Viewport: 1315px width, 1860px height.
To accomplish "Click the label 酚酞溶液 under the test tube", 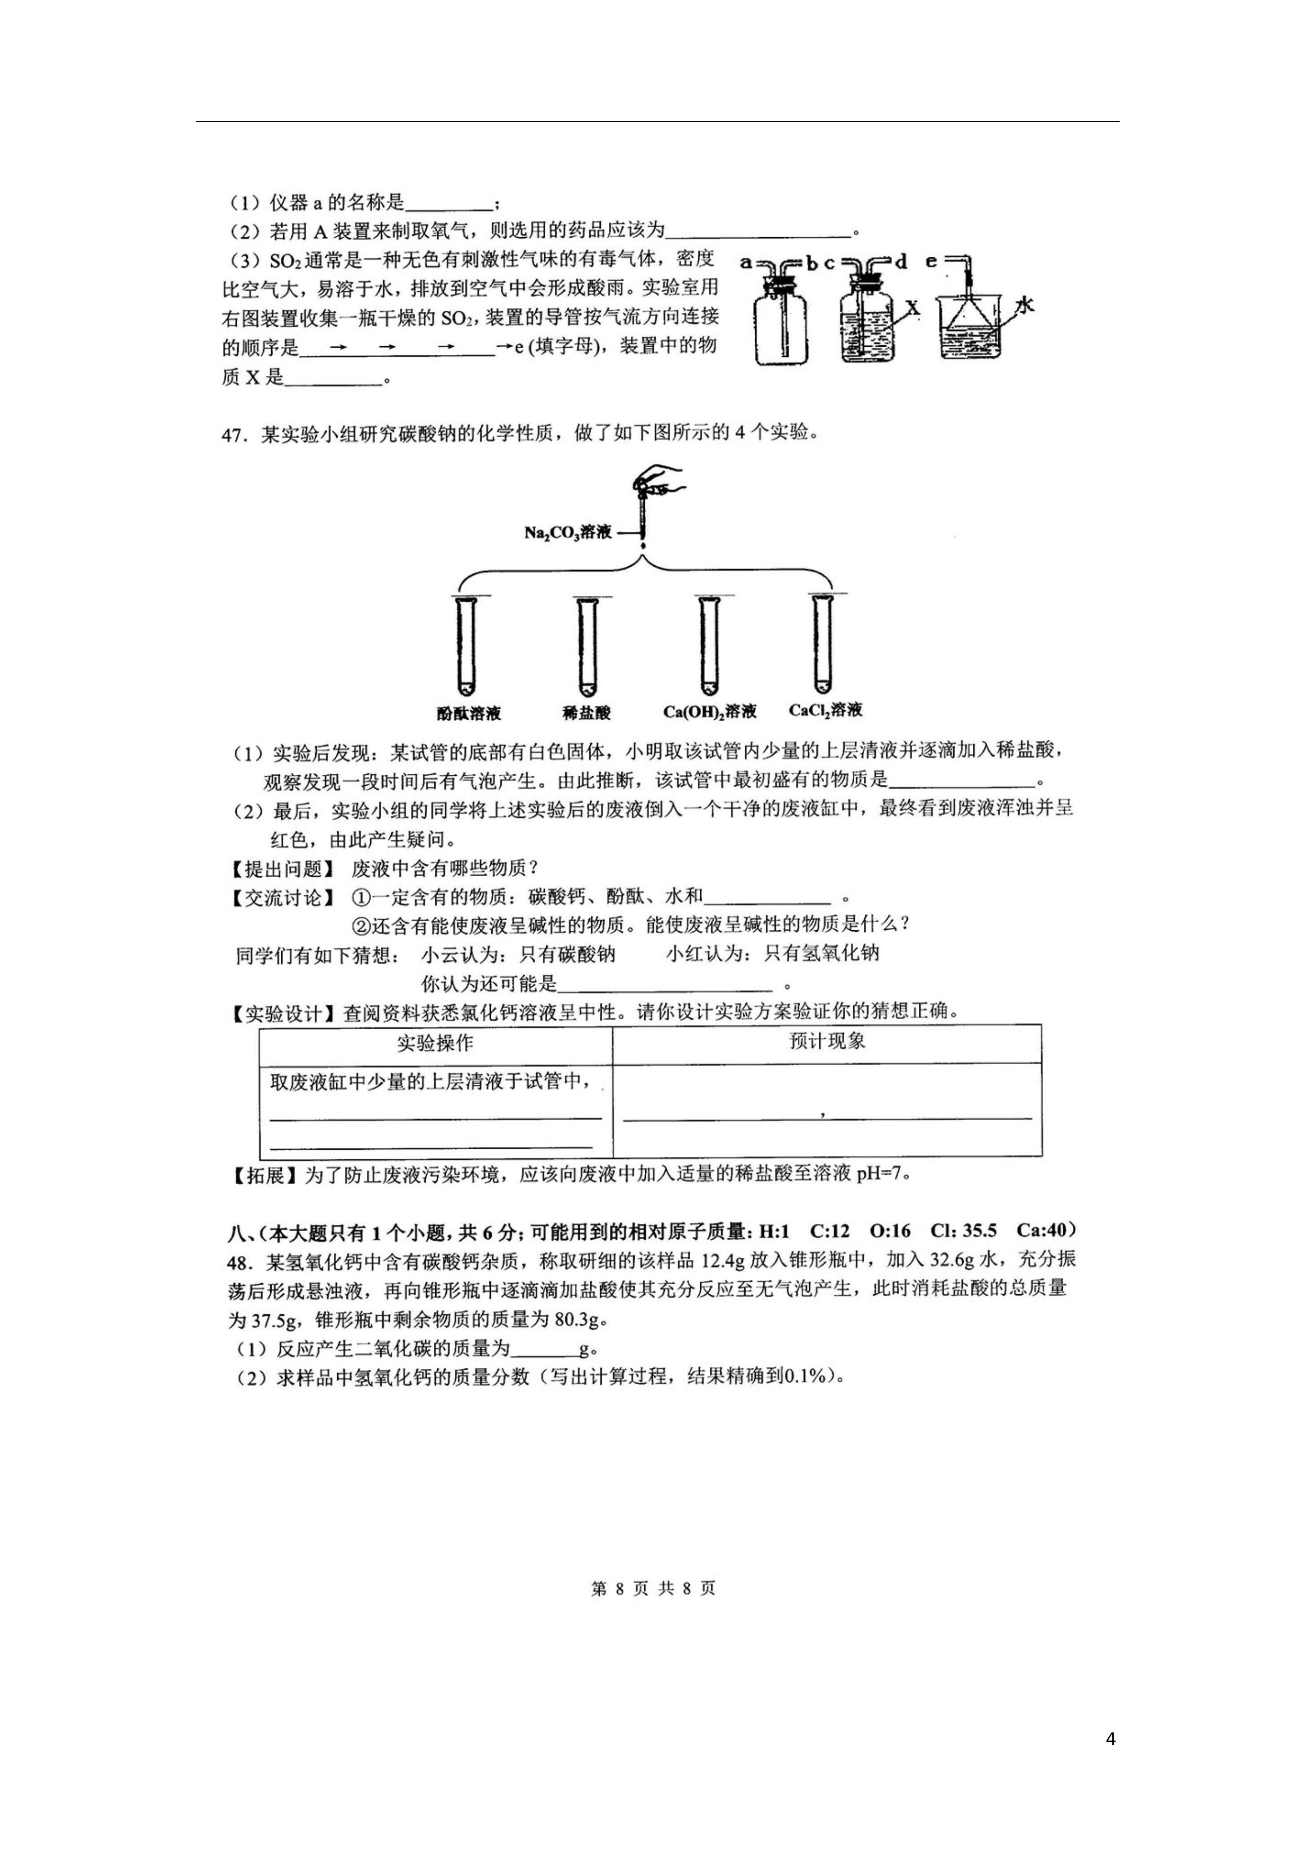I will (x=468, y=714).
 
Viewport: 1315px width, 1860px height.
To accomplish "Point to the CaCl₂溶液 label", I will (x=825, y=710).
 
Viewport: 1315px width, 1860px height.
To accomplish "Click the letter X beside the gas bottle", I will (x=913, y=308).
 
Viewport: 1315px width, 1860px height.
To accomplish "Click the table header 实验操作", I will (x=435, y=1042).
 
